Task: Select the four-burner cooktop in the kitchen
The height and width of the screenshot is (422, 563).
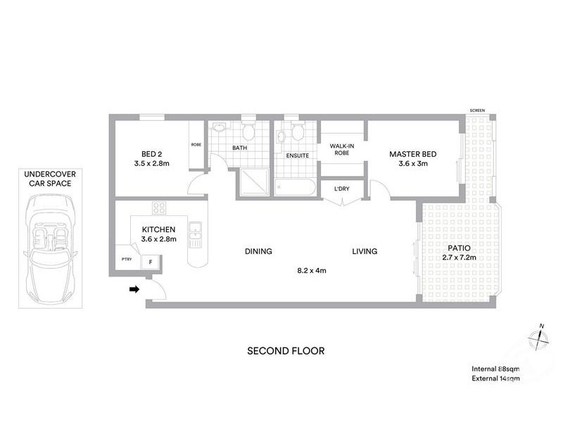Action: click(x=159, y=207)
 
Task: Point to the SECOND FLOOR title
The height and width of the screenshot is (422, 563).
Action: click(x=285, y=351)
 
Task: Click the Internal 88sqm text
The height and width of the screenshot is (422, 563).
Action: click(x=495, y=369)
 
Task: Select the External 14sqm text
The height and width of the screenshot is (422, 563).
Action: click(x=495, y=379)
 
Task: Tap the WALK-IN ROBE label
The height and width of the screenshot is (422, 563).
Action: click(x=342, y=148)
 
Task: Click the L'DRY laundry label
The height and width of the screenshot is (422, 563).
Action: click(x=341, y=188)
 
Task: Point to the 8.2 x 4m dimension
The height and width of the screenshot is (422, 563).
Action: click(x=311, y=270)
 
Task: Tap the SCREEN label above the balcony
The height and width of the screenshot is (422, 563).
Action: click(x=478, y=110)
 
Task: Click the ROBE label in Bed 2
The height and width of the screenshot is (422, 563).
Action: click(x=196, y=146)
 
